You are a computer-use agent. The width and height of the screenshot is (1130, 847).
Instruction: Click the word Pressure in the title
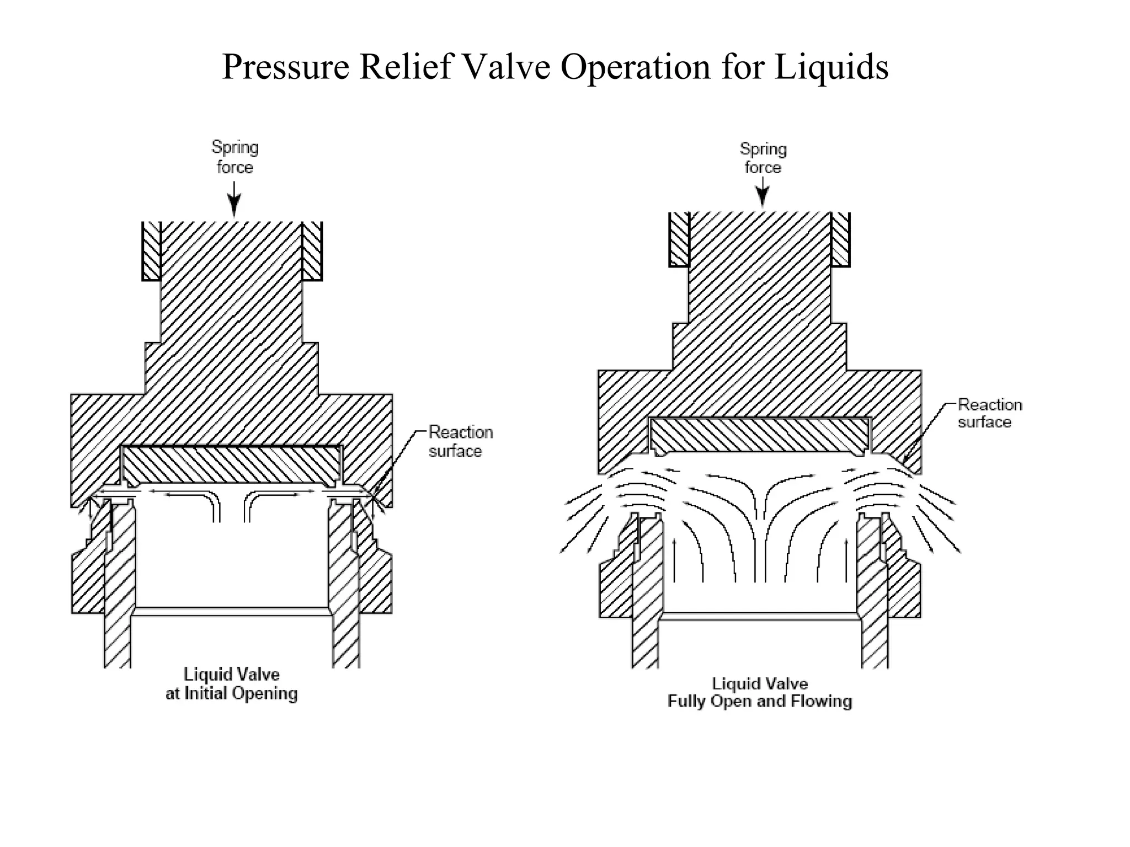(285, 67)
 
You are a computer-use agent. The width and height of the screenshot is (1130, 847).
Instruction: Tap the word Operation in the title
(635, 67)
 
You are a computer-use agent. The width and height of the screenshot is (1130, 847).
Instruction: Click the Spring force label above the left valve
(235, 157)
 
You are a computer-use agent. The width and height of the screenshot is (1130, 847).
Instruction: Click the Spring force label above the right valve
(763, 158)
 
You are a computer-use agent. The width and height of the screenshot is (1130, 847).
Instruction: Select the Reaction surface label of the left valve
(460, 442)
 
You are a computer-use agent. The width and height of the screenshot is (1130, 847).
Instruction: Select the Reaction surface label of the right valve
(989, 413)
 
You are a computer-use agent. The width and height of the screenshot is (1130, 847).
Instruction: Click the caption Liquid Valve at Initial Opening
(232, 684)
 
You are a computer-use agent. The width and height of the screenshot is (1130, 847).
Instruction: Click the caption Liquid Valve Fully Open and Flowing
(760, 693)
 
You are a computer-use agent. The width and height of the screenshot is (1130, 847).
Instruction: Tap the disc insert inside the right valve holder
(760, 435)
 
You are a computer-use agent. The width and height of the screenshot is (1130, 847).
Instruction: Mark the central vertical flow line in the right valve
(765, 546)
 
